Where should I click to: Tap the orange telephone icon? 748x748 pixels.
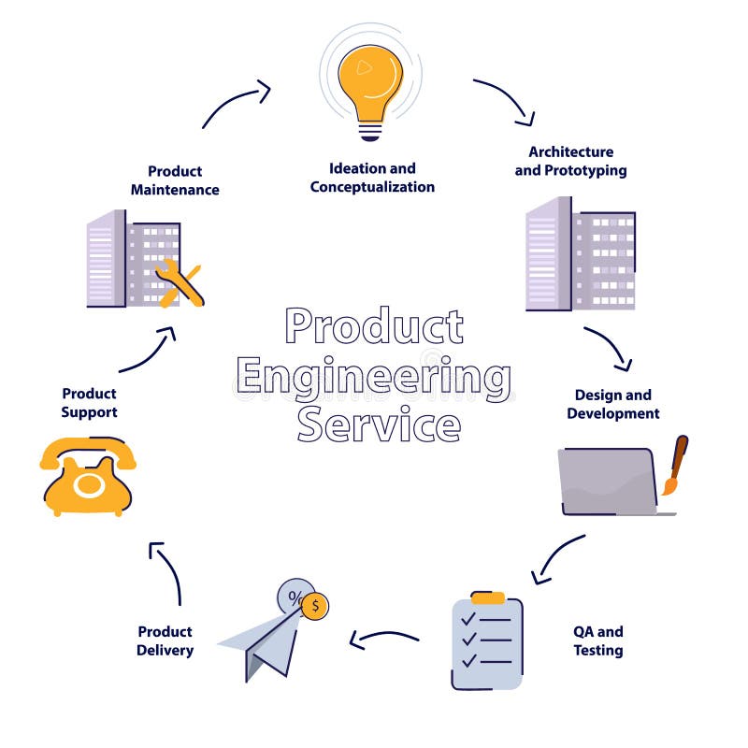coord(87,477)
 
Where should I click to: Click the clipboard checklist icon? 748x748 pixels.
coord(487,640)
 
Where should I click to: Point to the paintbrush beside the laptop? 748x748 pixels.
coord(675,464)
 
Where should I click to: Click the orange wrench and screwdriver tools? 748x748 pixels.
coord(179,283)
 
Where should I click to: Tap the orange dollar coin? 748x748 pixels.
coord(315,606)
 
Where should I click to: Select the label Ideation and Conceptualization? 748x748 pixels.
coord(372,178)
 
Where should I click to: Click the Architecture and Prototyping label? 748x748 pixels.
coord(570,161)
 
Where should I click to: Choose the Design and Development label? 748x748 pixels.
coord(612,404)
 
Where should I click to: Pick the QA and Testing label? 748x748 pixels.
coord(597,640)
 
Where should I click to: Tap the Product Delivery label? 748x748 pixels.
coord(165,640)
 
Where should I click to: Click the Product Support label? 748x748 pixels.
coord(89,403)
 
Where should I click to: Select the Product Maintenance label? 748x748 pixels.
coord(175,180)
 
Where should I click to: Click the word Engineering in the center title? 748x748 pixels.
coord(374,377)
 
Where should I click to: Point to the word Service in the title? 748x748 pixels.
coord(379,425)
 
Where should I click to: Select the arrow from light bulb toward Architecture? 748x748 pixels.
coord(505,99)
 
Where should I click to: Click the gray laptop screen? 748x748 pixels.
coord(607,478)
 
